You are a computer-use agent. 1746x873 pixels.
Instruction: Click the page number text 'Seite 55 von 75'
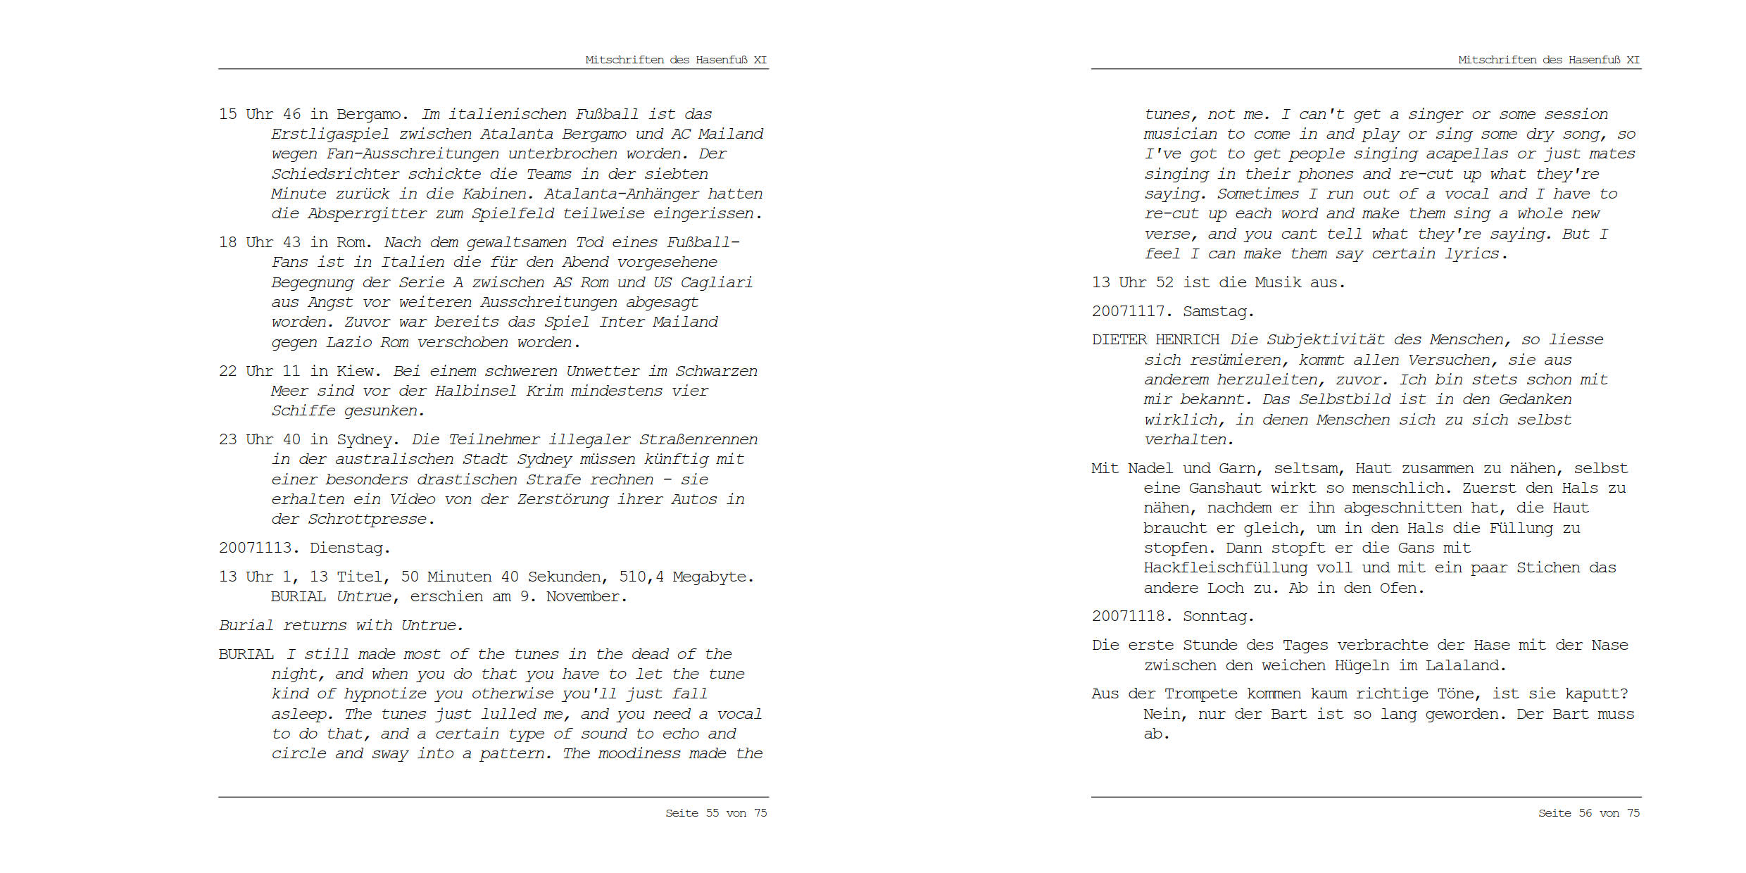[x=716, y=813]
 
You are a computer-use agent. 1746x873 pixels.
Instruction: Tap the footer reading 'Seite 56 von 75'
[x=1589, y=813]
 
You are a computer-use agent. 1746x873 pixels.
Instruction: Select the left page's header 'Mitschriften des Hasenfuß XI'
[x=676, y=60]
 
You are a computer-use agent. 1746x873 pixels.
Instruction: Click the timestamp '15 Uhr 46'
[x=260, y=114]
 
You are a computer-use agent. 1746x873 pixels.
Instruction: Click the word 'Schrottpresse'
[x=367, y=520]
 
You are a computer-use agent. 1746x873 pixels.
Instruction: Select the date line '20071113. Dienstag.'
[x=304, y=548]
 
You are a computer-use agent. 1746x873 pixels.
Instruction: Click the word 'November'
[x=582, y=597]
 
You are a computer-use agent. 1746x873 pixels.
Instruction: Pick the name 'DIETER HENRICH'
[x=1155, y=340]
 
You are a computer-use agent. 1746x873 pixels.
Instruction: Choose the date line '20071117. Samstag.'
[x=1173, y=311]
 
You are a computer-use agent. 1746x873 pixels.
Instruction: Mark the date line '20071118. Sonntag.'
[x=1173, y=616]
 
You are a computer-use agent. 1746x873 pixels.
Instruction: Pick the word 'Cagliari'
[x=716, y=283]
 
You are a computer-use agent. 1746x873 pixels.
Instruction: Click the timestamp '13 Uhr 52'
[x=1133, y=282]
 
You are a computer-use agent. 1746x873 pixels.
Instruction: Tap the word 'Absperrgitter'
[x=367, y=214]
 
